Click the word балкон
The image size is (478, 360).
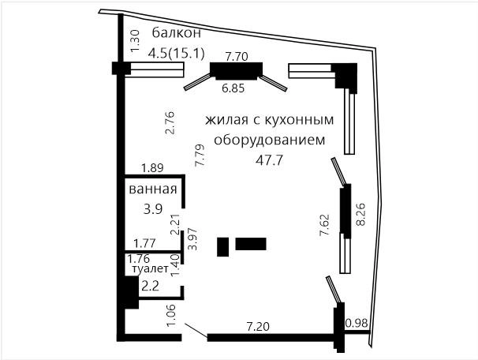point(177,33)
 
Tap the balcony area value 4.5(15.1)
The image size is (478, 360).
point(176,54)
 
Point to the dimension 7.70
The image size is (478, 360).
point(237,56)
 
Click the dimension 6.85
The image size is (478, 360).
point(233,88)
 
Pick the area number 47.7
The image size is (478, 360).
point(270,159)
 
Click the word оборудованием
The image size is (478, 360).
point(270,141)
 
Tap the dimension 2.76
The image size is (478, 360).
point(169,122)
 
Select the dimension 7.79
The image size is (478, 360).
point(200,156)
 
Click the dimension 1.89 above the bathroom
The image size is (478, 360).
point(152,168)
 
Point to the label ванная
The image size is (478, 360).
point(153,189)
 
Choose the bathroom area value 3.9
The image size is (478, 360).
point(153,209)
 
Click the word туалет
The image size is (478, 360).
point(151,268)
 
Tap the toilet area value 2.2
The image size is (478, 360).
point(151,286)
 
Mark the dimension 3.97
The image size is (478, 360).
point(192,239)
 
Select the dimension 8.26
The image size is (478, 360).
point(360,214)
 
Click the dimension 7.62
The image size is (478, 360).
point(324,225)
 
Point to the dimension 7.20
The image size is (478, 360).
point(258,327)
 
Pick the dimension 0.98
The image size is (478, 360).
point(357,323)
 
